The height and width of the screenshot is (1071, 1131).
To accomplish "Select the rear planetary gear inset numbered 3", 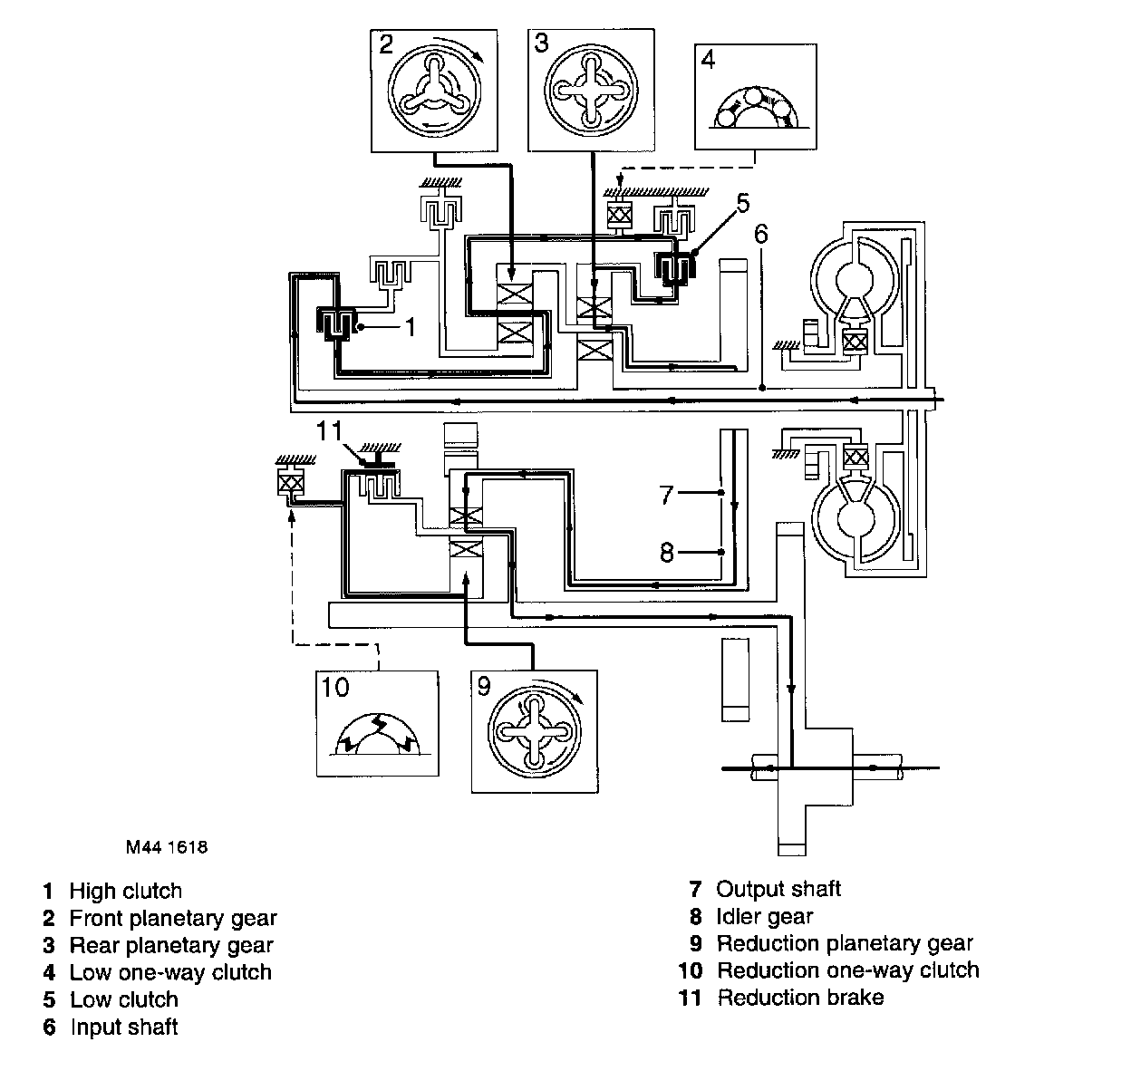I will tap(591, 89).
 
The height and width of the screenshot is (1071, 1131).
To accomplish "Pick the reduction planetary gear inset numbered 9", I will tap(535, 731).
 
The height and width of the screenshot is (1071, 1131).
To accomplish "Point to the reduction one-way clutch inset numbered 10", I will tap(377, 723).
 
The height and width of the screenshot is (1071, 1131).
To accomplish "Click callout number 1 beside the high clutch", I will tap(410, 326).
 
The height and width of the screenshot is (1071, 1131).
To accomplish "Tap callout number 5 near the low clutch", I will tap(744, 203).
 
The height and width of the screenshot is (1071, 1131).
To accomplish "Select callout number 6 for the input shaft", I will tap(761, 234).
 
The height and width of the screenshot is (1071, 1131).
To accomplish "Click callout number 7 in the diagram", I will tap(668, 495).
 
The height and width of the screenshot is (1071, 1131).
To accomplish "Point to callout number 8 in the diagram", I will tap(668, 553).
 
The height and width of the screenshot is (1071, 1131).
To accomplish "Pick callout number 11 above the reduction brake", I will tap(330, 430).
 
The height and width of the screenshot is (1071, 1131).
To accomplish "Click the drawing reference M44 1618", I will tap(167, 848).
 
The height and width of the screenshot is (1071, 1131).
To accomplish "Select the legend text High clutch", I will tap(125, 891).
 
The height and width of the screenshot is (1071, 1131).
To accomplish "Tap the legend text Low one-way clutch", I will tap(170, 972).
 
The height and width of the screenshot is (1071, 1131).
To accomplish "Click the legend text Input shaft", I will tap(123, 1027).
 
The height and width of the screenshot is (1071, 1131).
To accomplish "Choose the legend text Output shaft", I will tap(778, 889).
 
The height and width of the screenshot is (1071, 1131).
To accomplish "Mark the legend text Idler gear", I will tap(764, 916).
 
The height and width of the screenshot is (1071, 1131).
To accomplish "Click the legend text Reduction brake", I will tap(800, 998).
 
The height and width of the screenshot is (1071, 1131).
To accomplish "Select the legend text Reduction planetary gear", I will tap(845, 943).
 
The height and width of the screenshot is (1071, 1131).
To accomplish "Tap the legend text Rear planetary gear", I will tap(171, 945).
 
